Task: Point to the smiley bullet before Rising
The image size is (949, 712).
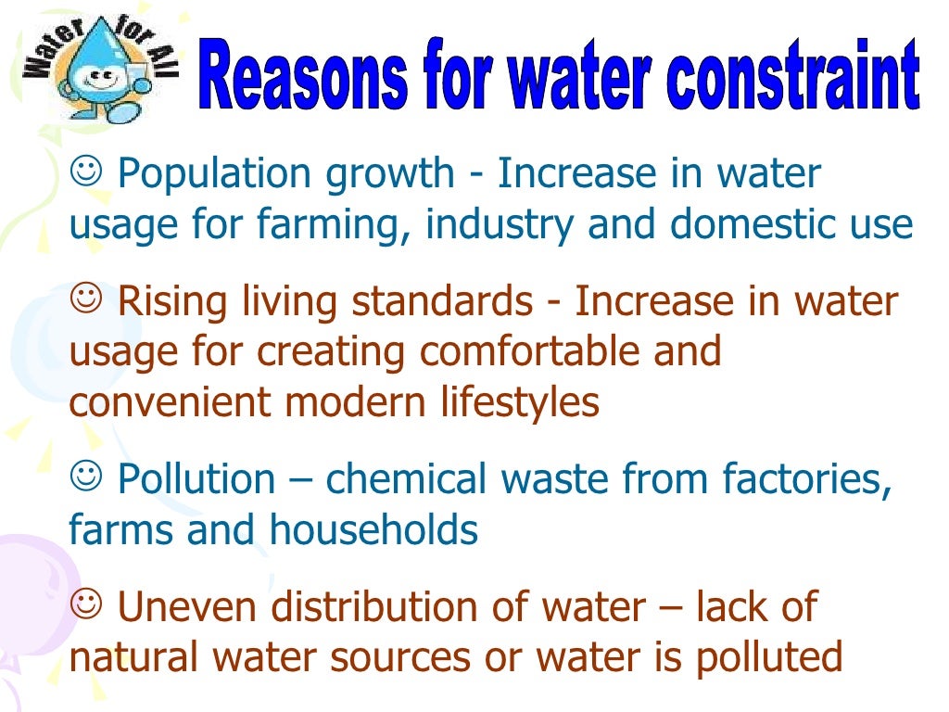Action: tap(87, 299)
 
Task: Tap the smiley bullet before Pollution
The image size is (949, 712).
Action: tap(87, 477)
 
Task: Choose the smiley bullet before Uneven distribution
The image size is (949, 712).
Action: tap(87, 604)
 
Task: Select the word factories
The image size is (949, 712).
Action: tap(805, 480)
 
